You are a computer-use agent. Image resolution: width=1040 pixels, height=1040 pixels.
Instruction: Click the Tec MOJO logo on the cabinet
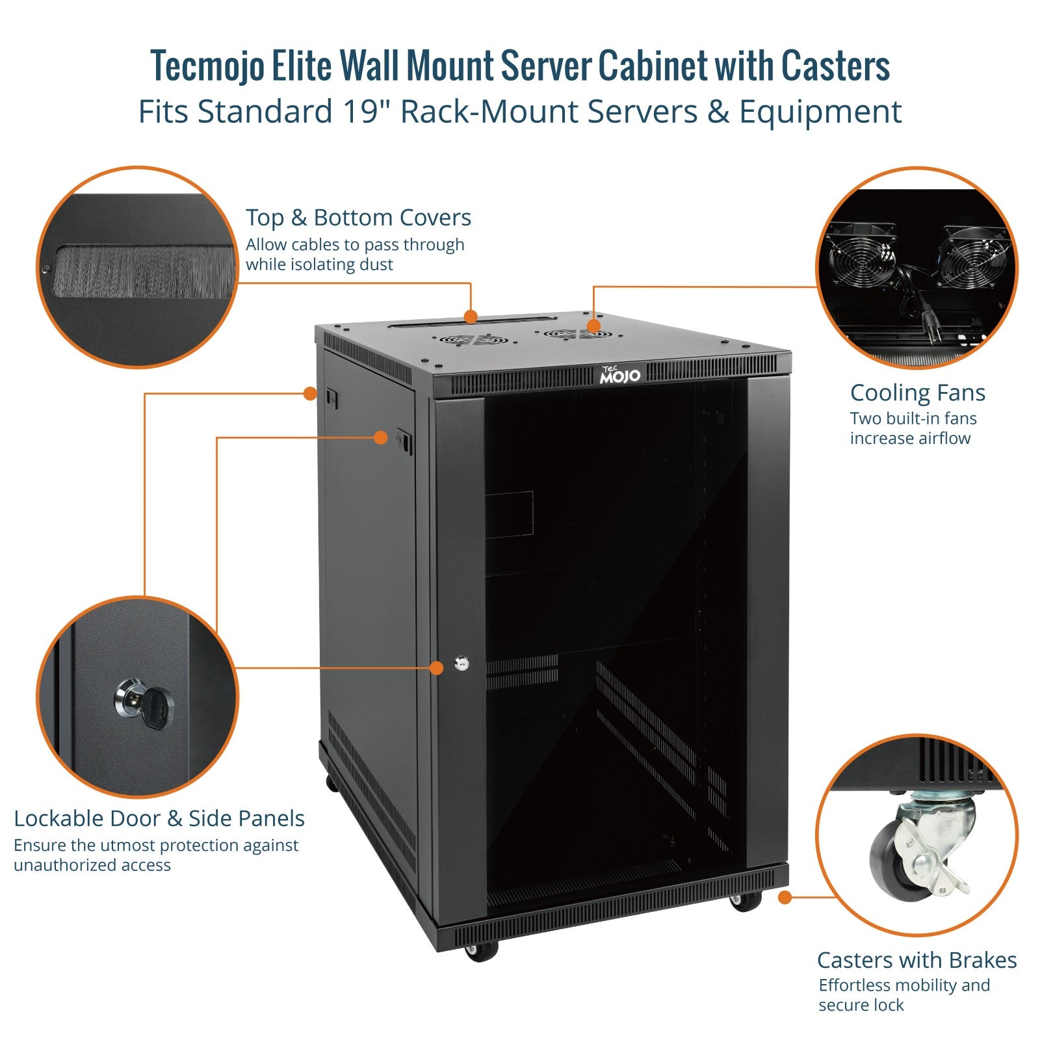click(x=619, y=374)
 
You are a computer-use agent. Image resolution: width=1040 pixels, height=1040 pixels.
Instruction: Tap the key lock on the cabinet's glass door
click(x=461, y=664)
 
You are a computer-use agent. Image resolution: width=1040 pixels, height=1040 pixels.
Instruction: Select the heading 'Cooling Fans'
click(x=917, y=393)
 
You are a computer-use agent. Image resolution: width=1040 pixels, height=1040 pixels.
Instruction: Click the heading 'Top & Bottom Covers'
click(x=358, y=218)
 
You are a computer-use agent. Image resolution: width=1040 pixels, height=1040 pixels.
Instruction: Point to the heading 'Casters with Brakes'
click(x=916, y=959)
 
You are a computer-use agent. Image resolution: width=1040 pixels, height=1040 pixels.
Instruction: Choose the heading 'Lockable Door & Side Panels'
click(x=159, y=818)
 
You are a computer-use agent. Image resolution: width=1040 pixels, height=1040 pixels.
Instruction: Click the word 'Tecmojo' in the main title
click(x=207, y=66)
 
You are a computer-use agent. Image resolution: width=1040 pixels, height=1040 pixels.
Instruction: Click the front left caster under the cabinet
click(x=481, y=951)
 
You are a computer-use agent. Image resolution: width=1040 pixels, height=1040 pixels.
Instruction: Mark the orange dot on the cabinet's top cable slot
click(x=471, y=317)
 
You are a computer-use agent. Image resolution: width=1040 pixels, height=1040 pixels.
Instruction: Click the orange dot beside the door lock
click(x=437, y=668)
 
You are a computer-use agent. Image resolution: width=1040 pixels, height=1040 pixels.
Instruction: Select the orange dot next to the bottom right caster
click(x=785, y=898)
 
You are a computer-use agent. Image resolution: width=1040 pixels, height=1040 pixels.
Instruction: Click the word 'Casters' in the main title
click(x=835, y=66)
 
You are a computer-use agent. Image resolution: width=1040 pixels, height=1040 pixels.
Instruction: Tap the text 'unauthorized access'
click(x=92, y=865)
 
